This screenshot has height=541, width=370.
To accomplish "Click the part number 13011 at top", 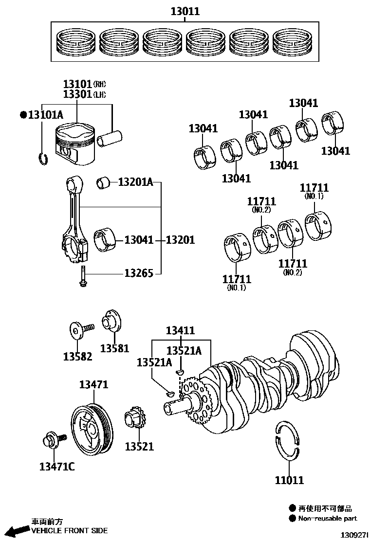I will point(185,11).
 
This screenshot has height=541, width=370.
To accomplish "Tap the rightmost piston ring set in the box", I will point(294,42).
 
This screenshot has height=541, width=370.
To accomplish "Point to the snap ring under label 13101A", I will point(43,158).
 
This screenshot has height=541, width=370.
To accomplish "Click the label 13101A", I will point(45,115).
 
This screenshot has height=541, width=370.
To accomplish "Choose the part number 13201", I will point(180,240).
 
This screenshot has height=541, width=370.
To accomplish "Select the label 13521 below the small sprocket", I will point(139,446).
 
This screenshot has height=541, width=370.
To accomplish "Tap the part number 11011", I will point(289,481).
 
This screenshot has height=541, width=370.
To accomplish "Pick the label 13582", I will point(77,357).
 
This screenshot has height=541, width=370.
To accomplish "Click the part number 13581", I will point(115,348).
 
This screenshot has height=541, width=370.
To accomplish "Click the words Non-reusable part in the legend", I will point(328,519).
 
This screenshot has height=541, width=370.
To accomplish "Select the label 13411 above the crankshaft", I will point(180,331).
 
